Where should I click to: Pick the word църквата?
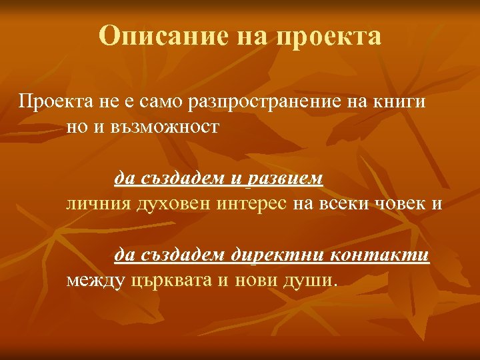pyautogui.click(x=171, y=280)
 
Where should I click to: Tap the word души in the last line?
pyautogui.click(x=312, y=280)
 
